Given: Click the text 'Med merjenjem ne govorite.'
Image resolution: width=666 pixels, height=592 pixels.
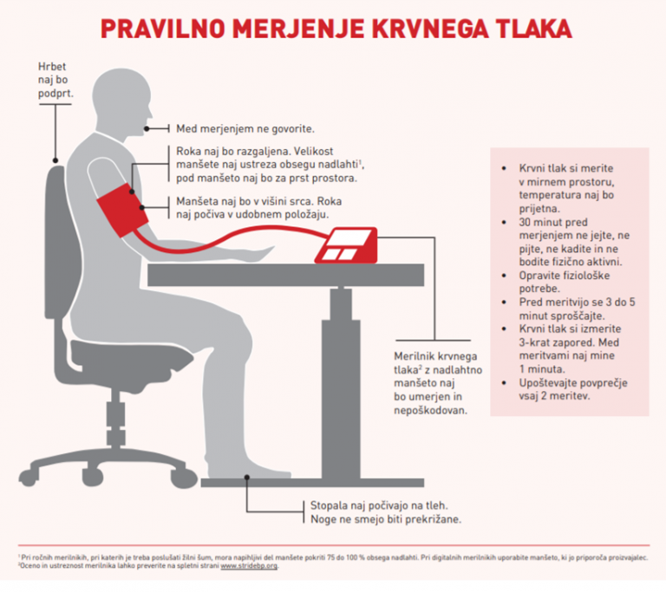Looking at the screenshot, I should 245,128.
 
